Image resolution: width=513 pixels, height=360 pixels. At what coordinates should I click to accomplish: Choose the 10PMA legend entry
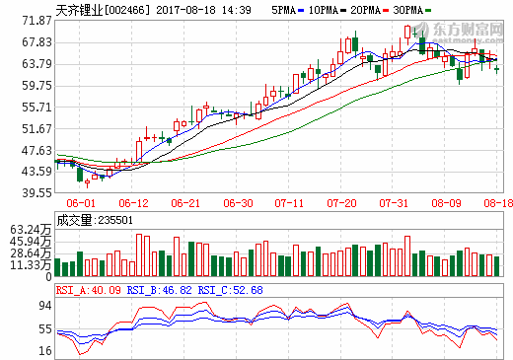tap(326, 9)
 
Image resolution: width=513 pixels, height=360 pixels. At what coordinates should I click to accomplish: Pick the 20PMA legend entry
tap(373, 9)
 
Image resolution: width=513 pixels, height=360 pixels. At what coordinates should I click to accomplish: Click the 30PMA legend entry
tap(420, 9)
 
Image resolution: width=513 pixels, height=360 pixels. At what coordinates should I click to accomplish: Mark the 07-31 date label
tap(394, 203)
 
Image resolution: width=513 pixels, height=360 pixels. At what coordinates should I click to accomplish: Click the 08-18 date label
tap(495, 203)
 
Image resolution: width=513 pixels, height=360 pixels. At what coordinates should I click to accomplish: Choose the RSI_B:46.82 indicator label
tap(161, 290)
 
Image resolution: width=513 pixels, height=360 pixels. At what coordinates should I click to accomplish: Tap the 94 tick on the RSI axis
tap(44, 305)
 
